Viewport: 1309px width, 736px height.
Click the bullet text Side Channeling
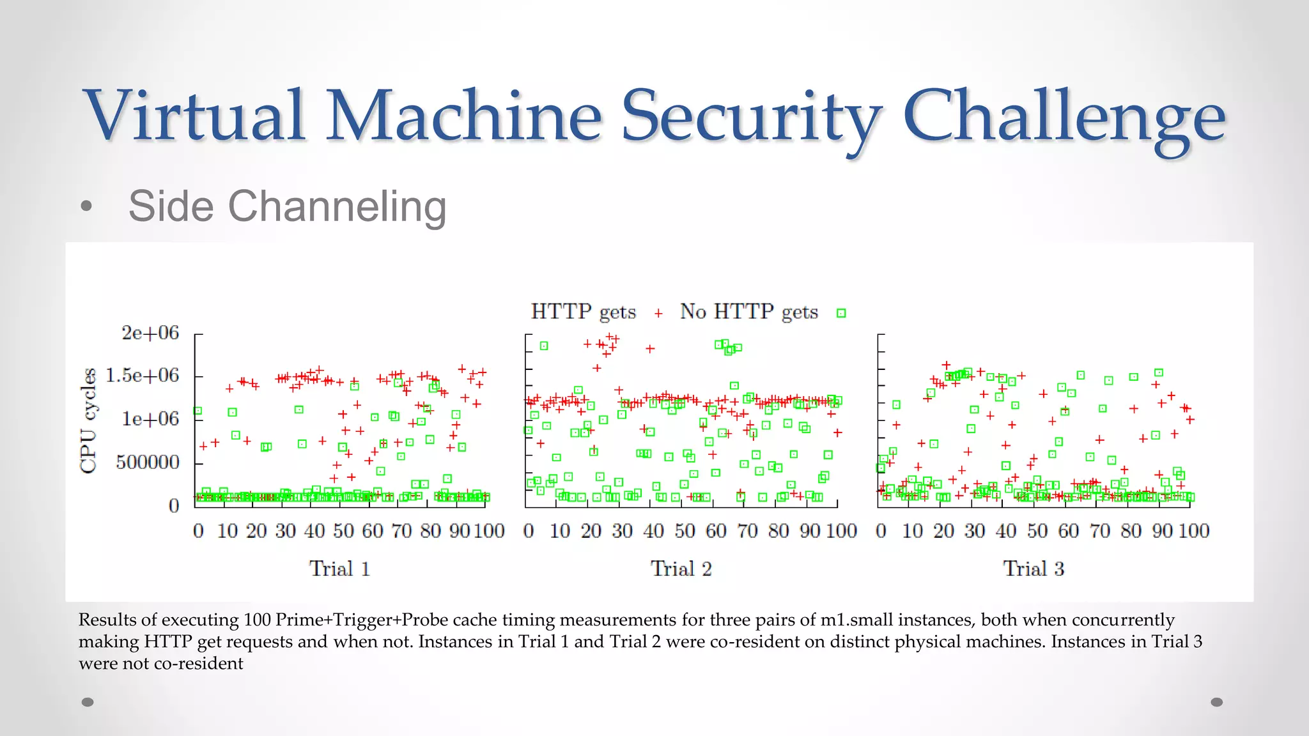pyautogui.click(x=287, y=206)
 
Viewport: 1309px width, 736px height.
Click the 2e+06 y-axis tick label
pyautogui.click(x=150, y=333)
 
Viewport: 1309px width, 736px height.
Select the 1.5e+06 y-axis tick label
pyautogui.click(x=142, y=375)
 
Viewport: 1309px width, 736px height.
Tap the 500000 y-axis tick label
pyautogui.click(x=147, y=462)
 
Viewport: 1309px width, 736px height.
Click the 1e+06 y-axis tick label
pyautogui.click(x=150, y=418)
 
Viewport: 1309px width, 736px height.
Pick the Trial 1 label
pyautogui.click(x=339, y=568)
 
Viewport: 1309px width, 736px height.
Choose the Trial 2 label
pyautogui.click(x=681, y=568)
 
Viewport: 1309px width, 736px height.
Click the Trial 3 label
pyautogui.click(x=1033, y=568)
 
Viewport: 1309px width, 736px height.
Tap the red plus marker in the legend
pyautogui.click(x=658, y=313)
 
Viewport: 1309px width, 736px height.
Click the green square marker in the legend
pyautogui.click(x=841, y=313)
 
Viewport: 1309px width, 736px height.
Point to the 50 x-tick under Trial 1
pyautogui.click(x=343, y=531)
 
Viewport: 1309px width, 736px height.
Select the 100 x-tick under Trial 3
pyautogui.click(x=1193, y=531)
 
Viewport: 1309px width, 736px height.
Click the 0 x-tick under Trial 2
pyautogui.click(x=529, y=531)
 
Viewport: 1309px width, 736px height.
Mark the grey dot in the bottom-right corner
pyautogui.click(x=1217, y=702)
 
